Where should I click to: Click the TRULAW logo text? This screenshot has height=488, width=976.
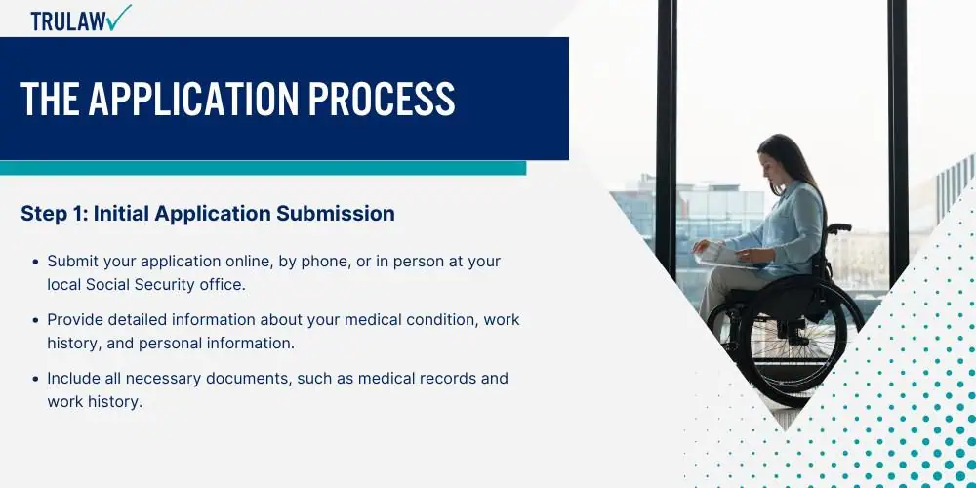pyautogui.click(x=68, y=21)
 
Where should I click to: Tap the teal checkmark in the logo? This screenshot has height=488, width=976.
pyautogui.click(x=118, y=18)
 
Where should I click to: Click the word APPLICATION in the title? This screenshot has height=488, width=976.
pyautogui.click(x=193, y=99)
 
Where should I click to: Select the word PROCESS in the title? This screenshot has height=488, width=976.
pyautogui.click(x=382, y=99)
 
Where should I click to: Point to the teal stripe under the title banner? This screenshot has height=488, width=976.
pyautogui.click(x=263, y=168)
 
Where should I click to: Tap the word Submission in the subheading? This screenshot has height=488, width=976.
pyautogui.click(x=336, y=214)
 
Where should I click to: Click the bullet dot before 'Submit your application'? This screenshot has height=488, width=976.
pyautogui.click(x=35, y=262)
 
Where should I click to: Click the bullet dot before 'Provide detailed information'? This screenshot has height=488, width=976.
pyautogui.click(x=35, y=320)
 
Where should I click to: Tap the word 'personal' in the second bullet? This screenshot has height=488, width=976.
pyautogui.click(x=165, y=343)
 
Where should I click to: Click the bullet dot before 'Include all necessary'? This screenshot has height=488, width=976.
pyautogui.click(x=35, y=379)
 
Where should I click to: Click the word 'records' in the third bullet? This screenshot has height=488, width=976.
pyautogui.click(x=445, y=379)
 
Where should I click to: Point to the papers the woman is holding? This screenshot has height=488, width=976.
pyautogui.click(x=723, y=255)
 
